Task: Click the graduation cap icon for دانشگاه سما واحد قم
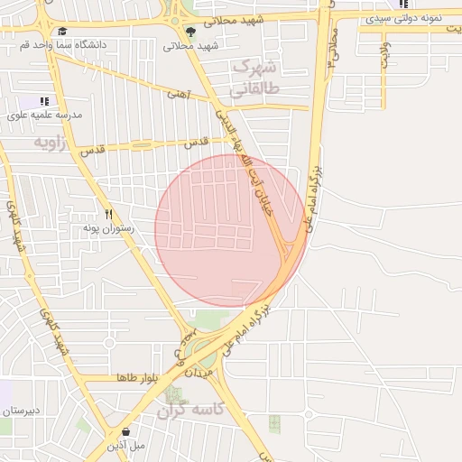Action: click(61, 32)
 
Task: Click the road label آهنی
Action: click(175, 92)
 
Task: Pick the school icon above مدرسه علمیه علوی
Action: click(43, 102)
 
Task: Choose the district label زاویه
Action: click(51, 143)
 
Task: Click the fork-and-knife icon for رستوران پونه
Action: click(108, 215)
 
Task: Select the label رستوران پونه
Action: click(109, 228)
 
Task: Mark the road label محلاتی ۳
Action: click(332, 49)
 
